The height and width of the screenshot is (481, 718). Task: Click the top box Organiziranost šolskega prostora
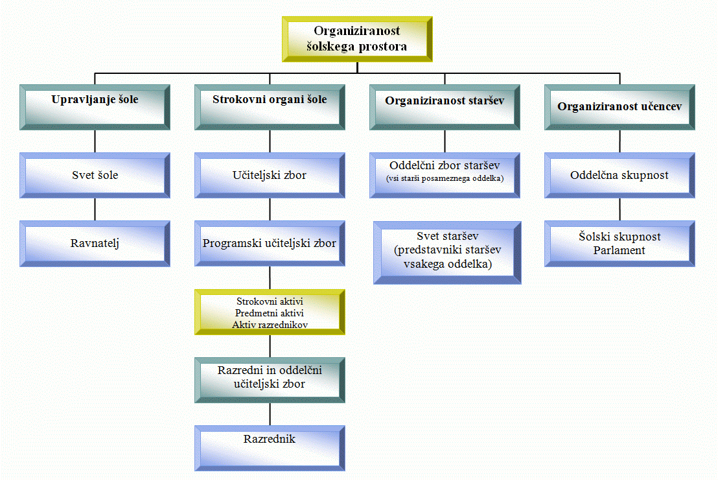(x=357, y=40)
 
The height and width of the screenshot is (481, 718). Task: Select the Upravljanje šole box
(x=95, y=107)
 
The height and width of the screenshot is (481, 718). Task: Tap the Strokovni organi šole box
(x=270, y=107)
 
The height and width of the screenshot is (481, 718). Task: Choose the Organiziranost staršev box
(x=445, y=107)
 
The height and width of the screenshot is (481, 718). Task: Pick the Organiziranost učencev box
(x=620, y=107)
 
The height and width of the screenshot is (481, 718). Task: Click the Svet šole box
(x=95, y=176)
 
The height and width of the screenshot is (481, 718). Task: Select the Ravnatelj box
(x=95, y=244)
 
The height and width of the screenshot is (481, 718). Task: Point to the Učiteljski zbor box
(x=270, y=176)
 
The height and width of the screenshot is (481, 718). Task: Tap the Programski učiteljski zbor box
(x=270, y=244)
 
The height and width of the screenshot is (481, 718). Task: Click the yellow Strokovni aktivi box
(x=270, y=312)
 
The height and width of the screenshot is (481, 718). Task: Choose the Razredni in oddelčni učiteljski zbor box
(x=270, y=381)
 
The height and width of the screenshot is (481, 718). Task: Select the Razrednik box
(x=270, y=449)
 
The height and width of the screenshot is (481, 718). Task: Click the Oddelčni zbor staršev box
(x=445, y=176)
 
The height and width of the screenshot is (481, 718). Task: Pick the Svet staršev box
(x=447, y=253)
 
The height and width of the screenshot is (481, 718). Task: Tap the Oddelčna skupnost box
(x=620, y=176)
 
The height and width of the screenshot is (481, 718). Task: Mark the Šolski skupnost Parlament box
(x=620, y=244)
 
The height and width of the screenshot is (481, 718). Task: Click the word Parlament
(x=619, y=251)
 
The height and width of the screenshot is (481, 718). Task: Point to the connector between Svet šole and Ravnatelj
(x=95, y=210)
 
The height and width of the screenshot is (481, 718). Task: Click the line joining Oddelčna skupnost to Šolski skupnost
(x=620, y=210)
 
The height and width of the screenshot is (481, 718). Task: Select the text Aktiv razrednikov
(x=270, y=325)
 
